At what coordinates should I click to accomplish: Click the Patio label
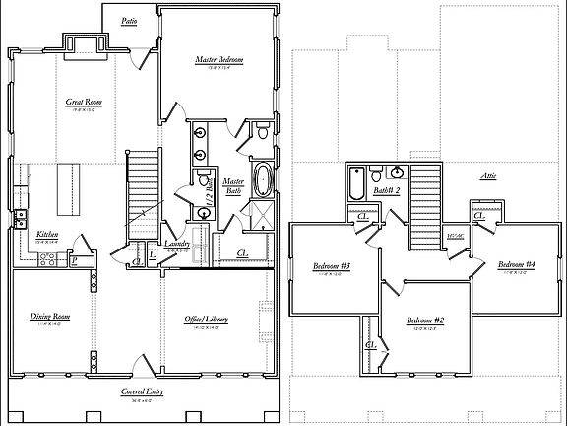130,21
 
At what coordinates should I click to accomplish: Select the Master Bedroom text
219,60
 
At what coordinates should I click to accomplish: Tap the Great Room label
85,102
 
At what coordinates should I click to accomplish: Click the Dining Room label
46,317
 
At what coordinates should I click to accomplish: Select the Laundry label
176,243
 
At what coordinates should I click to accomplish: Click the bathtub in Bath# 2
355,183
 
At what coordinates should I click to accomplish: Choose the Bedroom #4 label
516,264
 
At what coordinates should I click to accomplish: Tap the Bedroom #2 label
426,320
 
